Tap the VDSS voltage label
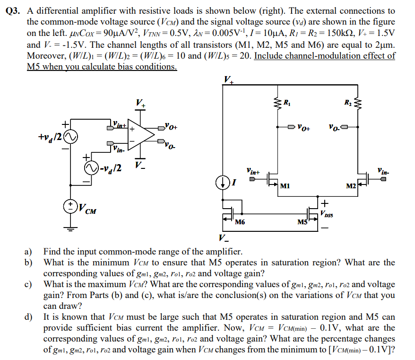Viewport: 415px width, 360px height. tap(327, 215)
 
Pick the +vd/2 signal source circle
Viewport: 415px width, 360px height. tap(71, 137)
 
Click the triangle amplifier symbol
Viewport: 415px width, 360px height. tap(141, 134)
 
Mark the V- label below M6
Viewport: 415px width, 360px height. tap(224, 237)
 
